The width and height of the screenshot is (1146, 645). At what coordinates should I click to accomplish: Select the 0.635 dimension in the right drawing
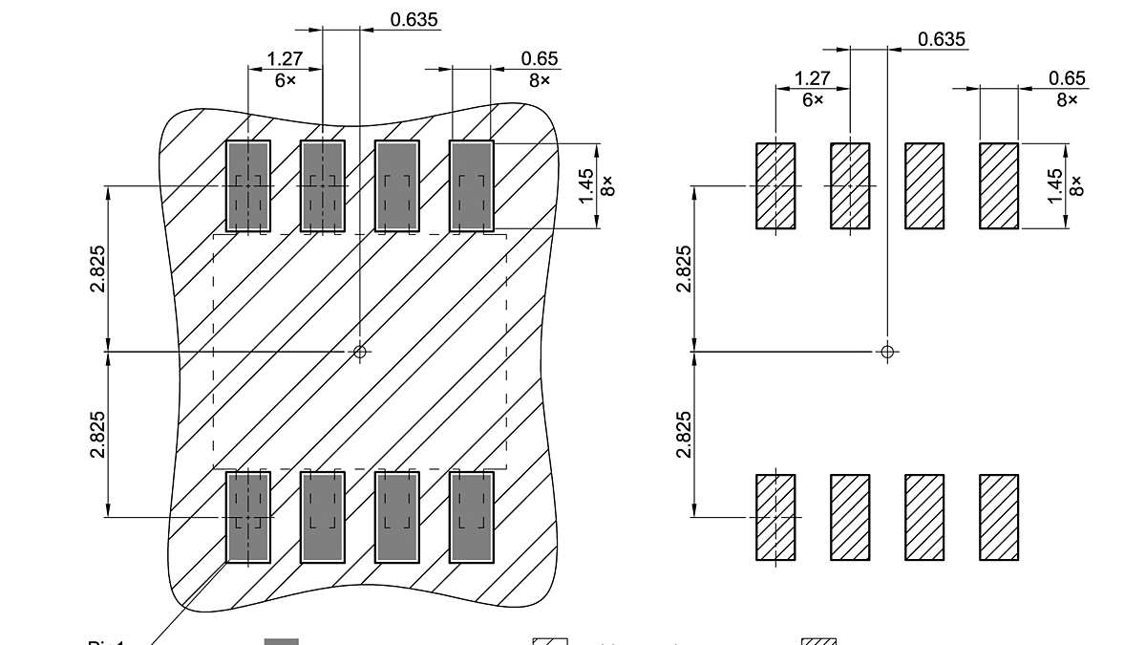942,39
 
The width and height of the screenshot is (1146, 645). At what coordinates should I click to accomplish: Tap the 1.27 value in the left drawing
285,59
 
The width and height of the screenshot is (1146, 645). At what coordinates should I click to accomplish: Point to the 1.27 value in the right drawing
812,78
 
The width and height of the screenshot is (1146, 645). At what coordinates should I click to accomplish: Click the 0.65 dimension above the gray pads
540,59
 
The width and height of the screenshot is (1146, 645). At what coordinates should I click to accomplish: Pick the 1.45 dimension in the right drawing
1054,185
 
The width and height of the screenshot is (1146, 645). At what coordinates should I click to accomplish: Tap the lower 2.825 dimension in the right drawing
684,435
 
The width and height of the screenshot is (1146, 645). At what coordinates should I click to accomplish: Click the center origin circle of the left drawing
360,352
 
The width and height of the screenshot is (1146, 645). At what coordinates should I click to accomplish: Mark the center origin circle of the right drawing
888,352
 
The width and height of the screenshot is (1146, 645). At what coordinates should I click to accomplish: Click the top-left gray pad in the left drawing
248,186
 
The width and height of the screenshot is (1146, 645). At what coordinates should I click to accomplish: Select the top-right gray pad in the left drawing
472,186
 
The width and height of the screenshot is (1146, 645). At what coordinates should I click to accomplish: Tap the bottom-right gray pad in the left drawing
472,516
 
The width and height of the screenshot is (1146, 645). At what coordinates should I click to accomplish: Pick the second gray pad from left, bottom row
323,516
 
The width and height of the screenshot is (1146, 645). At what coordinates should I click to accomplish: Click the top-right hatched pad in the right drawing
999,186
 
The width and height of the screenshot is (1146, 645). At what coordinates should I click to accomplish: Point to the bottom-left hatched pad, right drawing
775,517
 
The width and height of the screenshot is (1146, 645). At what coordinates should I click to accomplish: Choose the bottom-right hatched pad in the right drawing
999,517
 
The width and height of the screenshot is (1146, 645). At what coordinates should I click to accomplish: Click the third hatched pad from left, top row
924,186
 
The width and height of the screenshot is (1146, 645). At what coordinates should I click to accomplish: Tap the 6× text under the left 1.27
286,81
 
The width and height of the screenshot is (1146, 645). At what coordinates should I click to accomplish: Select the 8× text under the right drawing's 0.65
1067,100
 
